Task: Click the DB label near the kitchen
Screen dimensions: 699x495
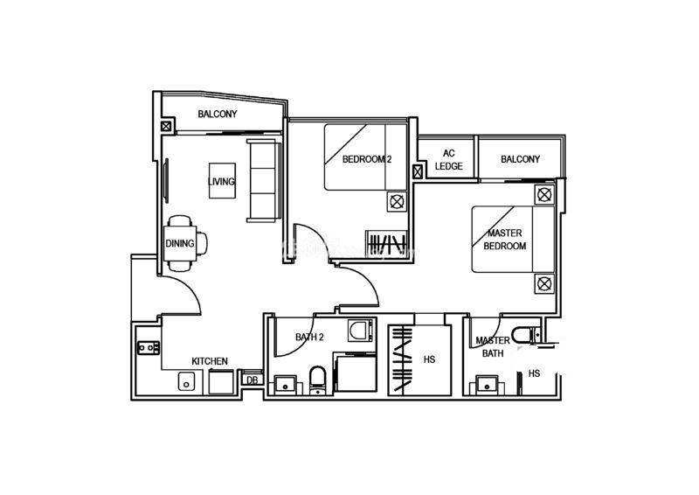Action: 253,380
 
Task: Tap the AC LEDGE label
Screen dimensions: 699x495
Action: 448,160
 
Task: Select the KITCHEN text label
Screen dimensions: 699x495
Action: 210,361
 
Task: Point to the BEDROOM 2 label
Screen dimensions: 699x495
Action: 367,159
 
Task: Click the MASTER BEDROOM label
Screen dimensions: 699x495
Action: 505,240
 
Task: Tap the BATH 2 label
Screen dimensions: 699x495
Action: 309,337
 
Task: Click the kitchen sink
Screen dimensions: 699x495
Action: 186,381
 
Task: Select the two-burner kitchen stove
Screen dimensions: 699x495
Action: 149,347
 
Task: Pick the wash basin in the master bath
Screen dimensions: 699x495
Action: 487,384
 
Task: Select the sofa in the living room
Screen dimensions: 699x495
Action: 264,180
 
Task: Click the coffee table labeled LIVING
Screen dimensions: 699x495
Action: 223,180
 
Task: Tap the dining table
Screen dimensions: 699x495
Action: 180,243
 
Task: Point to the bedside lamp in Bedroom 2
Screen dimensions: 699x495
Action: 397,201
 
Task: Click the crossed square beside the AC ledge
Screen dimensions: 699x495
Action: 418,171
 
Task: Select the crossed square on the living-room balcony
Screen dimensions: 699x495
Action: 166,126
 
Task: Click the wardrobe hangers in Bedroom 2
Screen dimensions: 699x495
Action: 386,244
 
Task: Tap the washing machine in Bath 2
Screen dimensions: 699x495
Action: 360,330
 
